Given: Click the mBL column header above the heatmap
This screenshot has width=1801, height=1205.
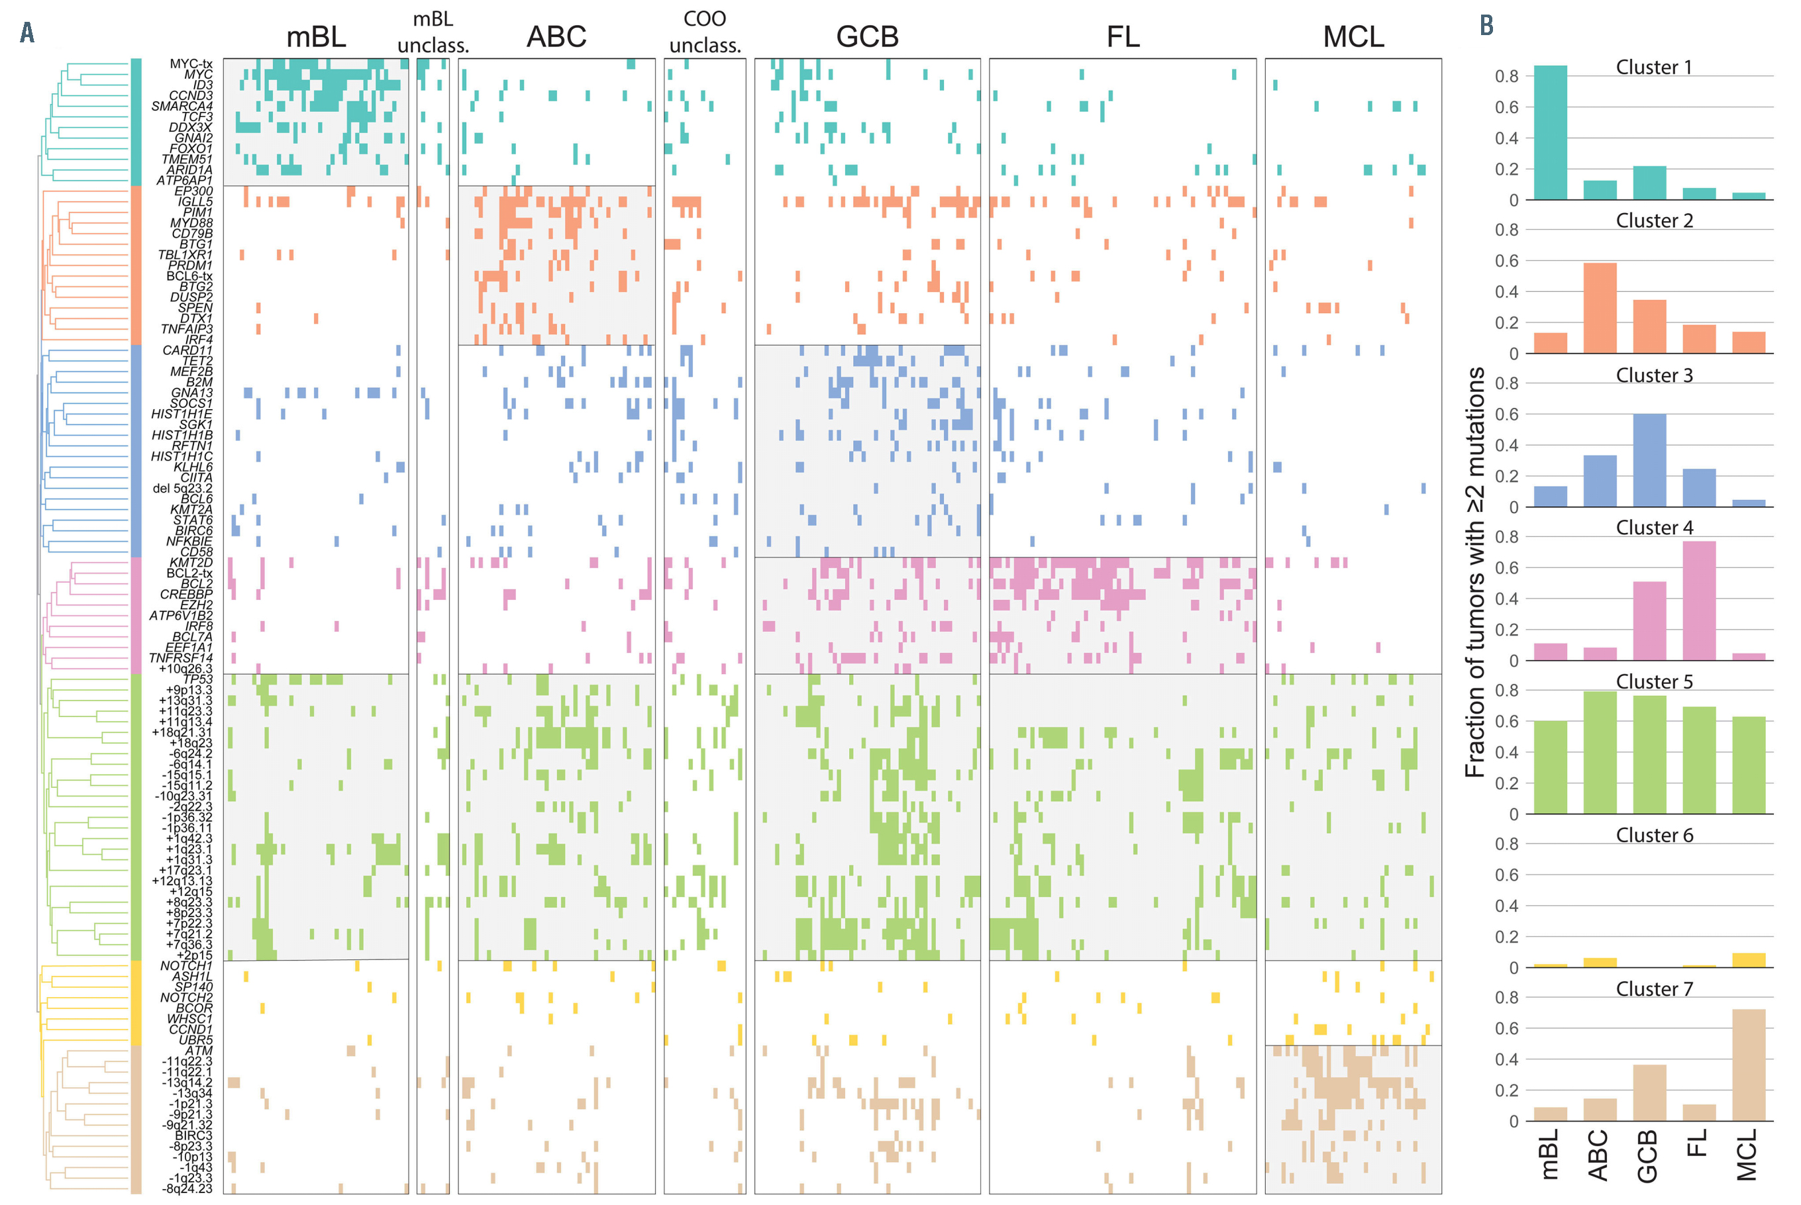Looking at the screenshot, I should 316,36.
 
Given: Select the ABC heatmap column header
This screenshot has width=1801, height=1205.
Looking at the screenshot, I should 556,36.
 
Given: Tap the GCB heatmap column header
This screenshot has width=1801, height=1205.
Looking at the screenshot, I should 867,36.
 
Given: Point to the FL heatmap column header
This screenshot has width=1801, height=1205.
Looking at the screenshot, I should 1122,36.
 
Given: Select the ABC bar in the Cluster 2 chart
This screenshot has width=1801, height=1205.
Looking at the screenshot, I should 1600,308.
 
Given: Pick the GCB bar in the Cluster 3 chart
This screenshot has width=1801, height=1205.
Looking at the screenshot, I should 1649,460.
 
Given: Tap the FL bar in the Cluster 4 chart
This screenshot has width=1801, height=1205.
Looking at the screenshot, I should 1699,601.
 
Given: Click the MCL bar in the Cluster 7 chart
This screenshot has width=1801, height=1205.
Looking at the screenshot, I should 1749,1065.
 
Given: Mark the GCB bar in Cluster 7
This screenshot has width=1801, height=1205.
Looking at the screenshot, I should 1649,1093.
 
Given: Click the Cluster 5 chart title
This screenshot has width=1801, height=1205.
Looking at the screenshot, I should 1654,682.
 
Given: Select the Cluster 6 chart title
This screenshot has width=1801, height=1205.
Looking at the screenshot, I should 1654,836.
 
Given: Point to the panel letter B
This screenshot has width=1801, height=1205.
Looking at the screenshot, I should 1486,25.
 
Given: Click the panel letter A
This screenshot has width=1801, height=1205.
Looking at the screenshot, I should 27,32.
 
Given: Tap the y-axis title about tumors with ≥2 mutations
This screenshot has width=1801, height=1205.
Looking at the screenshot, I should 1474,573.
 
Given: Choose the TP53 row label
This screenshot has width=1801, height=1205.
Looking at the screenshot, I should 197,679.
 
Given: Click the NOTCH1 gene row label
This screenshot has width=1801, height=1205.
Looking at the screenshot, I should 186,966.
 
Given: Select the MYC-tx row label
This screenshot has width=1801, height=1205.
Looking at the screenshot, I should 191,64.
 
